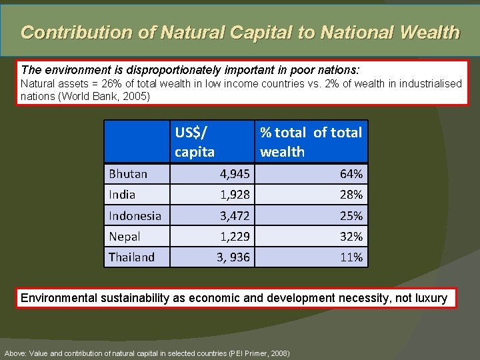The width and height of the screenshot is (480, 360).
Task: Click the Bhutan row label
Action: pyautogui.click(x=128, y=174)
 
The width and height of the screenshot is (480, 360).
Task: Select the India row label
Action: pyautogui.click(x=122, y=195)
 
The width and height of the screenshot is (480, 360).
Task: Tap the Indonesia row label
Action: pyautogui.click(x=135, y=215)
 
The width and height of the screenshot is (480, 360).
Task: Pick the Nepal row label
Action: pyautogui.click(x=125, y=236)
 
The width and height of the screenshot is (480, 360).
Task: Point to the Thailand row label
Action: pyautogui.click(x=131, y=257)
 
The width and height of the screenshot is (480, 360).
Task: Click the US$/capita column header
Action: pyautogui.click(x=195, y=142)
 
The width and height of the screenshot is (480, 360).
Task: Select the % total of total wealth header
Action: pyautogui.click(x=311, y=142)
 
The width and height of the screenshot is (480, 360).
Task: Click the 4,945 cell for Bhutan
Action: pyautogui.click(x=235, y=174)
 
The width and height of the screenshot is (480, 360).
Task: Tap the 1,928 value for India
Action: pyautogui.click(x=235, y=195)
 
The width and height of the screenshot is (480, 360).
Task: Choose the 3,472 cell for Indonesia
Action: pyautogui.click(x=235, y=215)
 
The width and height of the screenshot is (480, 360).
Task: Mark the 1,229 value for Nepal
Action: pyautogui.click(x=235, y=236)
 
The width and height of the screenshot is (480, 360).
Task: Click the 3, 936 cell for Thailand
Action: pyautogui.click(x=233, y=257)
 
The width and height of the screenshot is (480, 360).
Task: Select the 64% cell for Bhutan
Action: pyautogui.click(x=351, y=174)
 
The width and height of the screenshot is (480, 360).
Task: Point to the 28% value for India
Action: pyautogui.click(x=351, y=195)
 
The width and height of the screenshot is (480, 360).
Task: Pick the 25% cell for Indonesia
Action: pyautogui.click(x=351, y=215)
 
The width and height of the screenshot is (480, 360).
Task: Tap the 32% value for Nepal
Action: pyautogui.click(x=351, y=236)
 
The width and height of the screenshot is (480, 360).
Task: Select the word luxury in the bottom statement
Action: pyautogui.click(x=431, y=298)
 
